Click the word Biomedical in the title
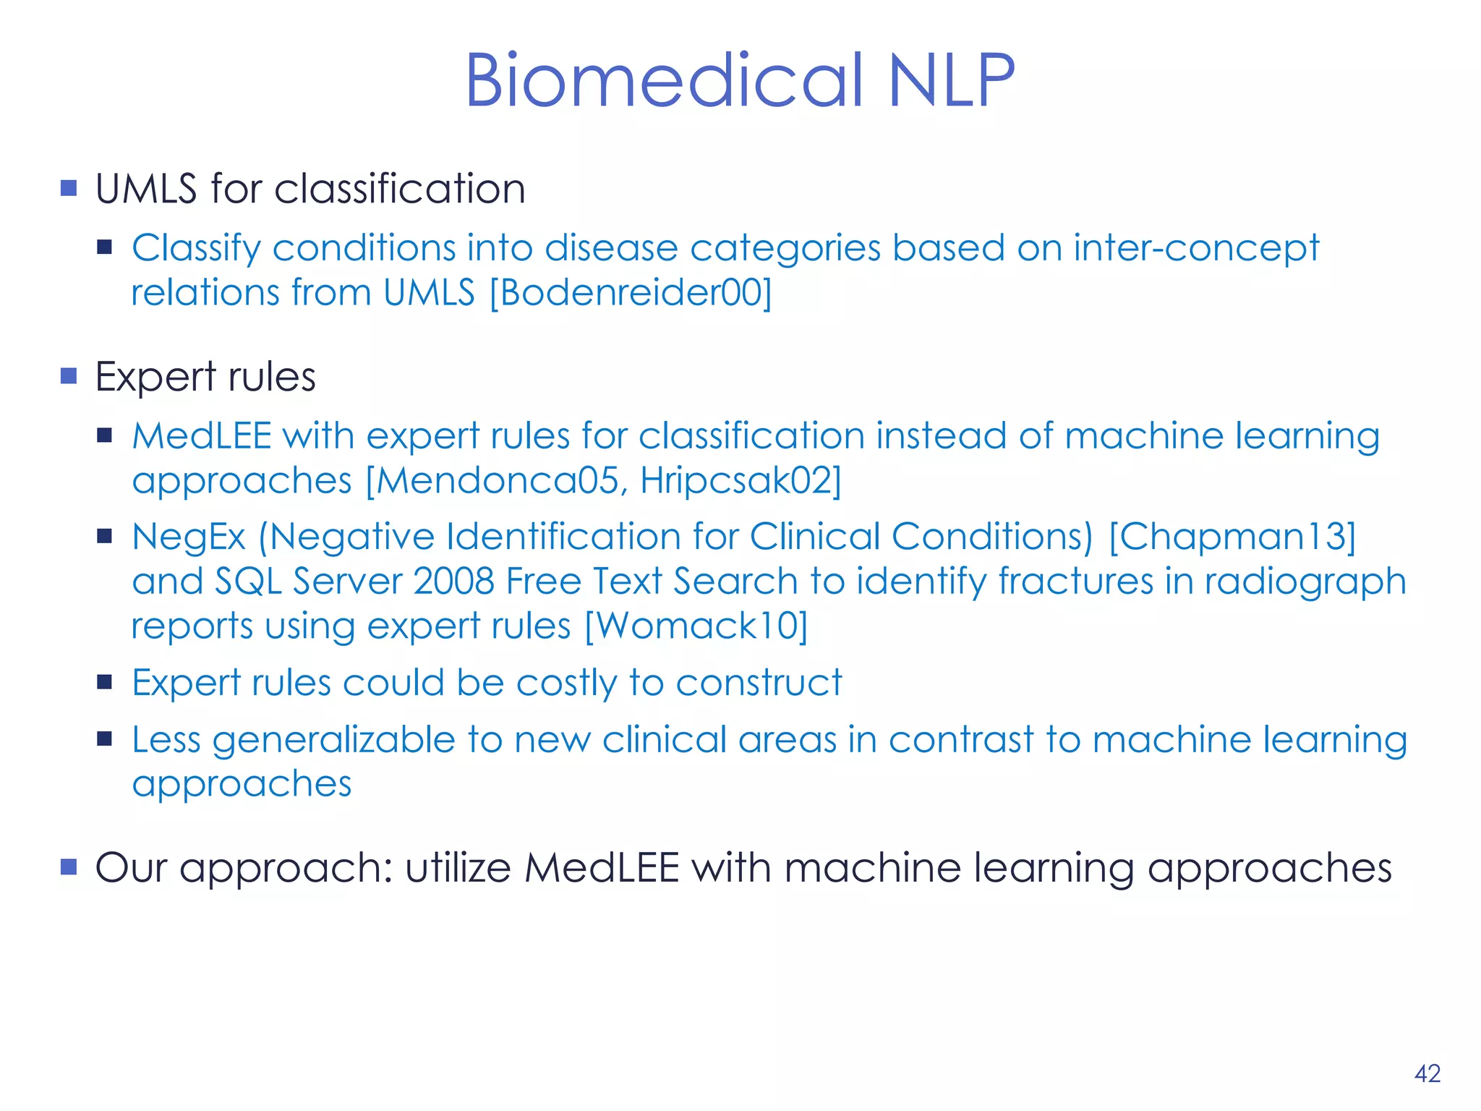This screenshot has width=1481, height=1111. pos(664,81)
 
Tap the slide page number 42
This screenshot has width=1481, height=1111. pos(1427,1073)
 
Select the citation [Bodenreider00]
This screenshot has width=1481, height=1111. pos(631,293)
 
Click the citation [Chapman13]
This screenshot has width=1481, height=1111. pos(1232,537)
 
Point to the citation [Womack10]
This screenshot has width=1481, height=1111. pos(695,626)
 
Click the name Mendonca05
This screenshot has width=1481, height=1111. pos(498,481)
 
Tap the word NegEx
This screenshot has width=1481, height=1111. pos(189,537)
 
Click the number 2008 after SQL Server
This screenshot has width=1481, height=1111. pos(453,582)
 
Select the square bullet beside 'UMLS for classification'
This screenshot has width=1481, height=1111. pos(69,189)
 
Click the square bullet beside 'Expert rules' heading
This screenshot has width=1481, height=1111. pos(69,376)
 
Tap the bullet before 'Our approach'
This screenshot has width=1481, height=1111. pos(69,867)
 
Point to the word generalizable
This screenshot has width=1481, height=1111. pos(333,741)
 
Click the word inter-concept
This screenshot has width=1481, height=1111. pos(1196,248)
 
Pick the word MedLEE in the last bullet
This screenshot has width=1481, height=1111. pos(602,868)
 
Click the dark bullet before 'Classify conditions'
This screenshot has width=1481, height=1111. pos(105,248)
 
